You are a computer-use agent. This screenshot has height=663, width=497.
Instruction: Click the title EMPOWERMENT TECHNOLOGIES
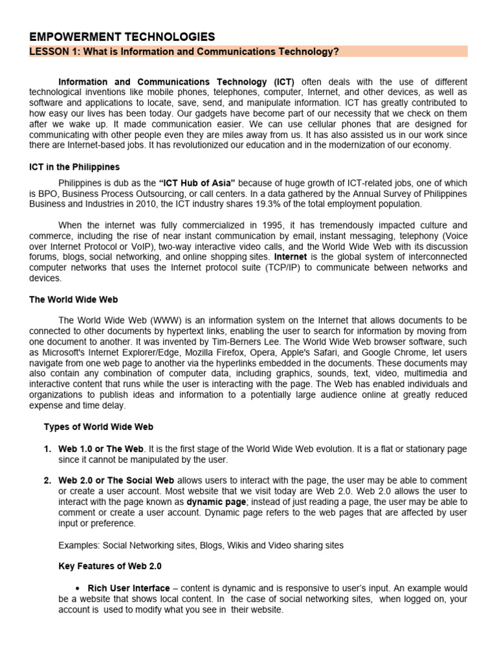point(122,37)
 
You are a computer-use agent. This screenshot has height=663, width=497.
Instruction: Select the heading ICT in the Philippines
point(74,167)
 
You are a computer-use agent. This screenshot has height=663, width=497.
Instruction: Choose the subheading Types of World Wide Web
point(98,427)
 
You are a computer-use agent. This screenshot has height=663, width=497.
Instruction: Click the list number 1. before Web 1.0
point(48,449)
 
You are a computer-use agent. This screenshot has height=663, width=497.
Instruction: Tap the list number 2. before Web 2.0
point(48,480)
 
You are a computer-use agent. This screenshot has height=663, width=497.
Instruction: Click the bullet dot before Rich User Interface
point(77,589)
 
